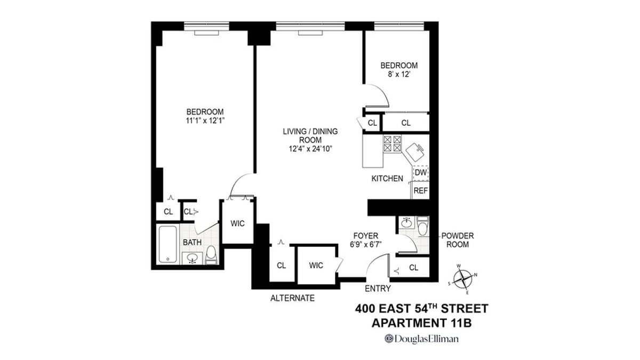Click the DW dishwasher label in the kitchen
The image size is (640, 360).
tap(421, 173)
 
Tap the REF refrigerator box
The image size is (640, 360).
tap(421, 190)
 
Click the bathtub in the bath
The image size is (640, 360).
tap(168, 244)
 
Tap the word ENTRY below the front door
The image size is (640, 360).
tap(378, 289)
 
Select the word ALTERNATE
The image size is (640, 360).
tap(292, 298)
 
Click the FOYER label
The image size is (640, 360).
tap(365, 235)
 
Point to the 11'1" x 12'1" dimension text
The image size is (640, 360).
tap(204, 121)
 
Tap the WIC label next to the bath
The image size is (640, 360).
tap(237, 223)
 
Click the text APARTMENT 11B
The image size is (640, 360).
tap(421, 323)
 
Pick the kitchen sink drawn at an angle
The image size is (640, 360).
tap(415, 153)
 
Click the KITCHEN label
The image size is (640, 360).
tap(387, 179)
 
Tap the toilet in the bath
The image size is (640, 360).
tap(211, 255)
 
